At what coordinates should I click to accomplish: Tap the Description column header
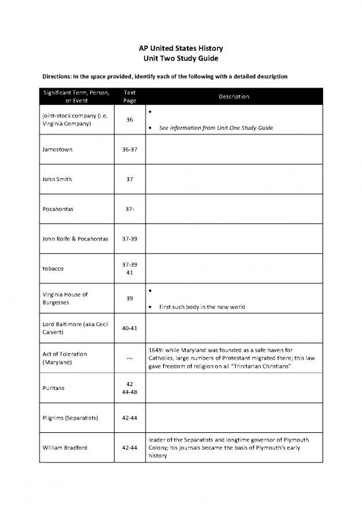(230, 97)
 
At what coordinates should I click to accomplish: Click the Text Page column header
(129, 97)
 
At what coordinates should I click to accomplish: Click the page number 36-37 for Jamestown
(129, 150)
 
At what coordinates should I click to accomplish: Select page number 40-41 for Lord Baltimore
(129, 328)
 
